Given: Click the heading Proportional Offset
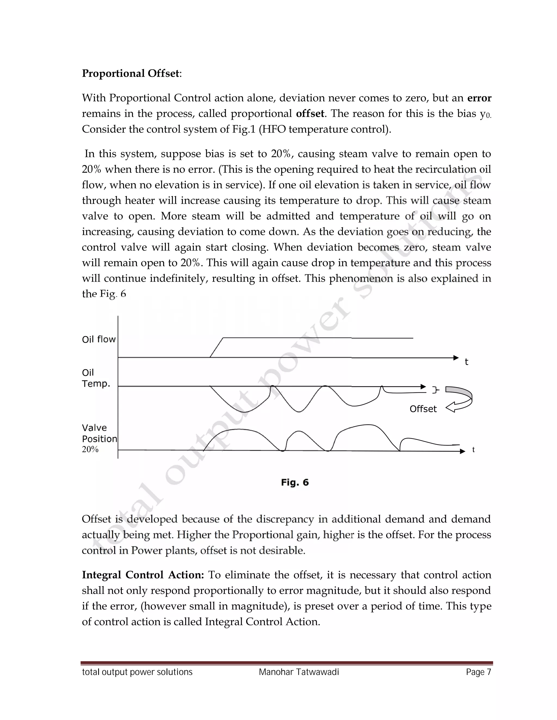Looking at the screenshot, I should point(131,73).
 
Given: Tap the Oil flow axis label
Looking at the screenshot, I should point(99,339).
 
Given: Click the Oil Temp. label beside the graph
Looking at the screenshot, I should point(95,378).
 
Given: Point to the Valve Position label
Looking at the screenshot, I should point(99,433).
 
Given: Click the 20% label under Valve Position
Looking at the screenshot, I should point(90,449).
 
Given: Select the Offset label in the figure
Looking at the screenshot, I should point(423,409).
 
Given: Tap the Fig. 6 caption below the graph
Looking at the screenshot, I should point(295,482).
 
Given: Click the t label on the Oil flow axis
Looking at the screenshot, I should point(466,362).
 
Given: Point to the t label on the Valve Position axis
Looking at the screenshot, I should point(473,450).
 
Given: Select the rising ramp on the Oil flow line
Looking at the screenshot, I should point(217,348).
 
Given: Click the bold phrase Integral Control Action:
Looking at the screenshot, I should point(143,575).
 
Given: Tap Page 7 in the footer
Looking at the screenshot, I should point(478,672).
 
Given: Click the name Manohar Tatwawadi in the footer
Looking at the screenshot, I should point(299,672).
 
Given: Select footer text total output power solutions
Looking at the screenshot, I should point(137,672).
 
